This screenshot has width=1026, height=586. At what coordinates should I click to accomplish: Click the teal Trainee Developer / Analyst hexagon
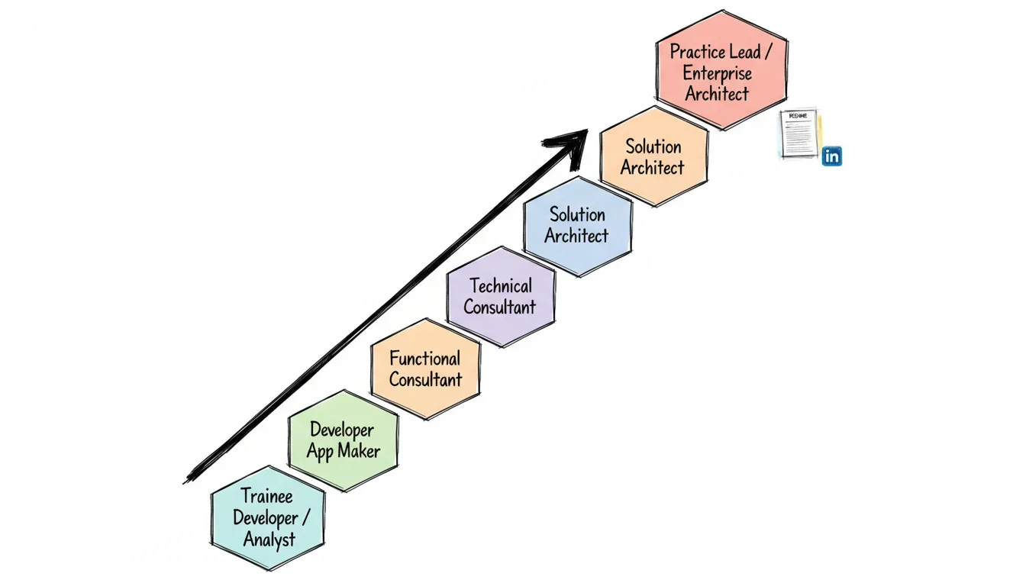pos(267,518)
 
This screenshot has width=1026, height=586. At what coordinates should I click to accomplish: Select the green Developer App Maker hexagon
pos(343,441)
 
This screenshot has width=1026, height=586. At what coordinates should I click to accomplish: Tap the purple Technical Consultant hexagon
pos(500,297)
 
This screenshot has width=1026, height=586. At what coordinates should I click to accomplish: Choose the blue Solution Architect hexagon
pos(577,226)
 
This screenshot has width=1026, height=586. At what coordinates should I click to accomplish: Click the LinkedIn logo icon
pos(831,156)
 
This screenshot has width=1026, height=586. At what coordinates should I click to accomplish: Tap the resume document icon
pos(799,134)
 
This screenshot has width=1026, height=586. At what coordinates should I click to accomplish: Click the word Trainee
pos(266,496)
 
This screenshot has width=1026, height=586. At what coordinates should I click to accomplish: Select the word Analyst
pos(269,539)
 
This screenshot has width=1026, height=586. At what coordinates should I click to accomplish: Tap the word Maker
pos(359,451)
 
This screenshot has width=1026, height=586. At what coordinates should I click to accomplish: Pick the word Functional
pos(424,359)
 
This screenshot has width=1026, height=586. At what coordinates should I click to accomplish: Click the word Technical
pos(501,286)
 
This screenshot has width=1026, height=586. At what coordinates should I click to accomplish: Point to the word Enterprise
pos(717,73)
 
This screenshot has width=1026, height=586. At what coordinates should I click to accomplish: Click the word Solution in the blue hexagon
pos(577,214)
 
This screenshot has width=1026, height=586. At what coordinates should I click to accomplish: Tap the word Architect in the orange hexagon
pos(652,167)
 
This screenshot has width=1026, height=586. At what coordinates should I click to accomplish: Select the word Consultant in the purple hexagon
pos(499,307)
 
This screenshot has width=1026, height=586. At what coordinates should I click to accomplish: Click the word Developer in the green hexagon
pos(342,430)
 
